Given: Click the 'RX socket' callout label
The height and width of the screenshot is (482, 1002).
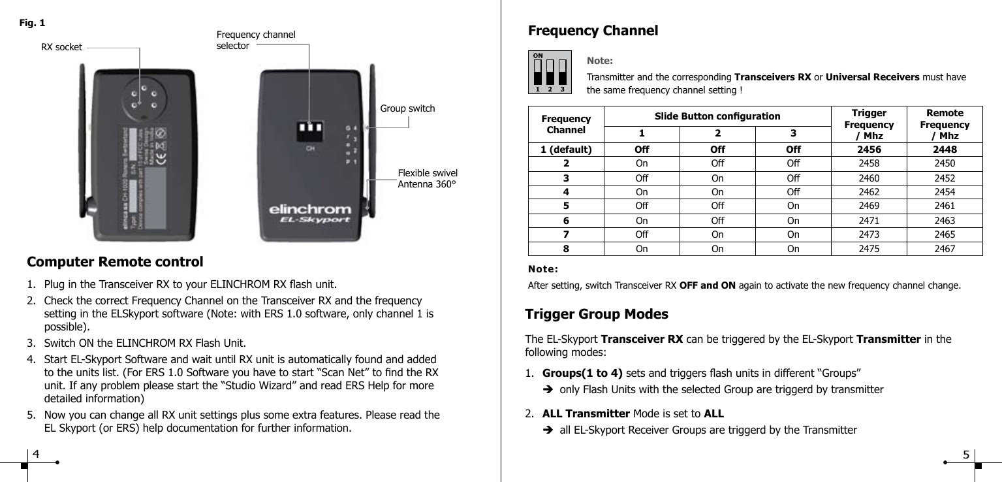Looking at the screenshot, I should (x=61, y=47).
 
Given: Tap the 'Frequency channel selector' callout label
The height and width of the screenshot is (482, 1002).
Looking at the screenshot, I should (x=255, y=40).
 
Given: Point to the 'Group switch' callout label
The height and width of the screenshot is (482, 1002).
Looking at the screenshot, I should (x=407, y=108).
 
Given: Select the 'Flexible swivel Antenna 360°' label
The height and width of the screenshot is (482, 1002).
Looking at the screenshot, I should (x=428, y=178).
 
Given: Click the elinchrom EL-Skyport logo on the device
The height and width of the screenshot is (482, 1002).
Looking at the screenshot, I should (x=310, y=215).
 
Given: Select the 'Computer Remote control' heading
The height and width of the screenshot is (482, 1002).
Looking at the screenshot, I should (x=115, y=263).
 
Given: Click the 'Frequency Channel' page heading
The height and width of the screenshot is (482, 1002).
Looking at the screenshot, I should (x=592, y=31).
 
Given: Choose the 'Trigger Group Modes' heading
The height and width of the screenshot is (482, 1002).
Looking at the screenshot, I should (x=597, y=314).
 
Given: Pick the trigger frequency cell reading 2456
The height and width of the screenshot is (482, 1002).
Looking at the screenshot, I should (x=868, y=149).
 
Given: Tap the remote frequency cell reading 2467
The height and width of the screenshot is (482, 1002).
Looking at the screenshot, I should (x=944, y=249).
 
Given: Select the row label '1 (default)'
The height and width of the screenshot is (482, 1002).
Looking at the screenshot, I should (x=566, y=149).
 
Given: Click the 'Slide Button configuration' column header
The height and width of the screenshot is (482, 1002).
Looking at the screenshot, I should (x=717, y=116).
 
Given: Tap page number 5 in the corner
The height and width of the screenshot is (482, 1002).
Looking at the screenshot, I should (x=965, y=455).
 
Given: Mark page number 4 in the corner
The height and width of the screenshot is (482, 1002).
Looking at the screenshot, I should (x=37, y=453).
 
